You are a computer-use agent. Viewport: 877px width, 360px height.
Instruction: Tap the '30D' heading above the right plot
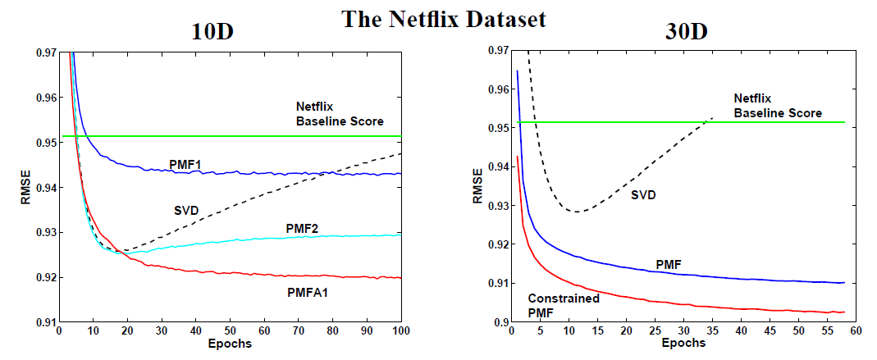(x=687, y=32)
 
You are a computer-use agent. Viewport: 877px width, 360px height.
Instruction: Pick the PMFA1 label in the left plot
(x=308, y=290)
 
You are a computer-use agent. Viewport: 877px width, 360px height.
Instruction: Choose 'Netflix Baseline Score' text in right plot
(x=777, y=106)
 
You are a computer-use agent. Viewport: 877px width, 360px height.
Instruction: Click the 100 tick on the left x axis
(x=401, y=331)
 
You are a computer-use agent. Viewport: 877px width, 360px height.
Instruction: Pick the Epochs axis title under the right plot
(x=684, y=345)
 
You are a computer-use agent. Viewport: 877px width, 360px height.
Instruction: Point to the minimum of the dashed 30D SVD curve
(x=579, y=212)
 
